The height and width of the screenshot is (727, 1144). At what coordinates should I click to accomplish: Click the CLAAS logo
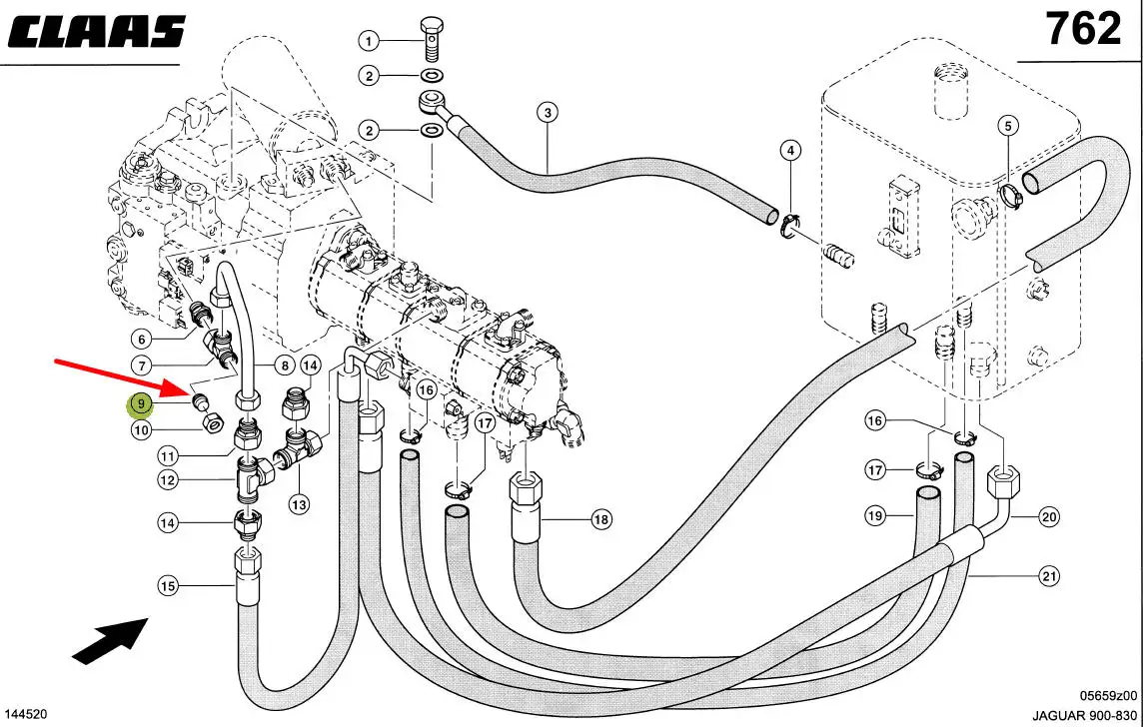[x=96, y=32]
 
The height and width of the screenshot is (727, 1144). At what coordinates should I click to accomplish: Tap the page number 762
[x=1083, y=29]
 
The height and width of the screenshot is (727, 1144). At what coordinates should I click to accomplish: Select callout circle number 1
[x=369, y=42]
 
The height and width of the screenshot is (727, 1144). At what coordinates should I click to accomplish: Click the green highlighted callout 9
[x=140, y=402]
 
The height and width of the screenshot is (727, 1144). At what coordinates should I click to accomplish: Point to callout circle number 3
[x=548, y=112]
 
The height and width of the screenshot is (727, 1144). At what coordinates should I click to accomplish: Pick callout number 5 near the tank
[x=1007, y=127]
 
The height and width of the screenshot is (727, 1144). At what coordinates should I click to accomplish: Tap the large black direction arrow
[x=111, y=639]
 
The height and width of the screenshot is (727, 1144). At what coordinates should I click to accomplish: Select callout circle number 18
[x=600, y=520]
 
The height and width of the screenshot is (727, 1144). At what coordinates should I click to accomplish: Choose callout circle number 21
[x=1048, y=576]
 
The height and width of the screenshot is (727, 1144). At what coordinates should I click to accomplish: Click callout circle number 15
[x=168, y=585]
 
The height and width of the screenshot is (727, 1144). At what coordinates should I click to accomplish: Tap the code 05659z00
[x=1108, y=695]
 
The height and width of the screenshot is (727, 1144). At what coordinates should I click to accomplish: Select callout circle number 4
[x=790, y=151]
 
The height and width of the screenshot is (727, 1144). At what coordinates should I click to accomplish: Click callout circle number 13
[x=299, y=503]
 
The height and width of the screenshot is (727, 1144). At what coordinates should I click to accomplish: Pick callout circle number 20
[x=1048, y=517]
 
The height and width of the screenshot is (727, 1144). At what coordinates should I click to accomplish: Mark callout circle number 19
[x=875, y=516]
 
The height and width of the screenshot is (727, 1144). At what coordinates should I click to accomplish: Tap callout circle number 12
[x=168, y=479]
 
